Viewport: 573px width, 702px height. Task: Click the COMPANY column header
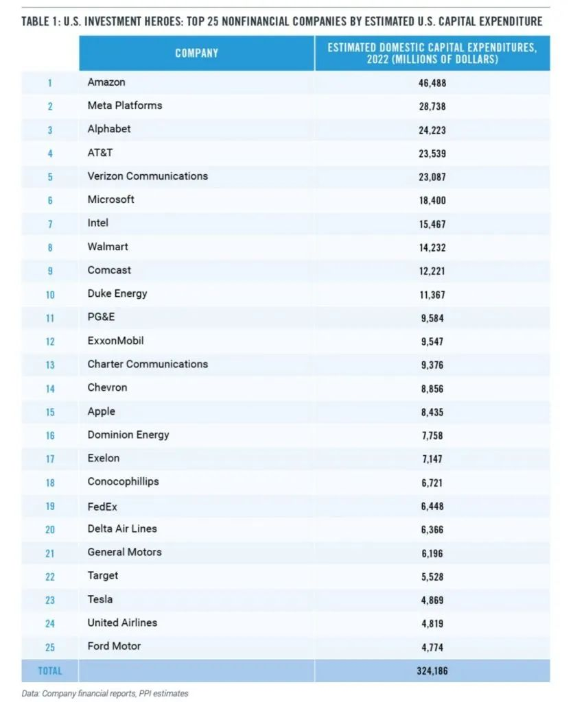[x=196, y=53]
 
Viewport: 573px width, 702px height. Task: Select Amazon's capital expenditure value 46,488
[x=432, y=83]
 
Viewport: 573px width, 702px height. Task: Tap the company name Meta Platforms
[x=125, y=106]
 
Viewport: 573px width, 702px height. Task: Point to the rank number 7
[x=50, y=224]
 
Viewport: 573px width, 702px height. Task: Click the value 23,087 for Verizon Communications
[x=432, y=177]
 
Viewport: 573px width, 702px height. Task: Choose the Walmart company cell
[x=108, y=247]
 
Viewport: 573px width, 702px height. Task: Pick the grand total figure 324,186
[x=432, y=671]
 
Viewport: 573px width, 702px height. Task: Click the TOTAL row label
[x=50, y=671]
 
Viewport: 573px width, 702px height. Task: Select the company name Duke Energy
[x=117, y=293]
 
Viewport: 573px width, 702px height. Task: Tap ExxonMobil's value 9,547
[x=432, y=341]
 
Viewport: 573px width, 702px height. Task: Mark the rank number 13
[x=50, y=365]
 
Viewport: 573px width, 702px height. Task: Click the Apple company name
[x=102, y=411]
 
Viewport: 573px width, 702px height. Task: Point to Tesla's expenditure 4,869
[x=432, y=601]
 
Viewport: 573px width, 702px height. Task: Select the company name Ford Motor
[x=115, y=646]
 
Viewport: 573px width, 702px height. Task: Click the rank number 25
[x=50, y=647]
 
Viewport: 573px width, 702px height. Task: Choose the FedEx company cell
[x=103, y=505]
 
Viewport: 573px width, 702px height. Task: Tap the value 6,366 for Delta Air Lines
[x=432, y=530]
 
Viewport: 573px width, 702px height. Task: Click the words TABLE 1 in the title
[x=42, y=21]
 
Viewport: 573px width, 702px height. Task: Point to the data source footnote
[x=105, y=693]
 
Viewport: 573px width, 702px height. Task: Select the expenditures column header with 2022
[x=432, y=53]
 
